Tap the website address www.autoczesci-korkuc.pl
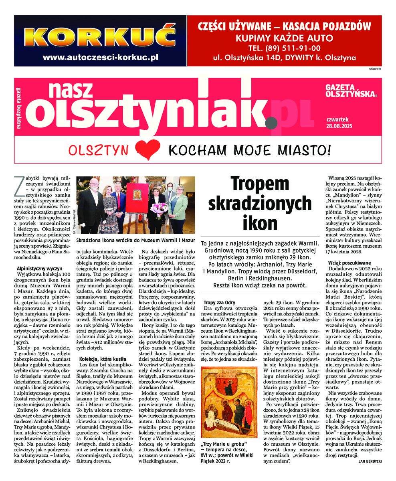pyautogui.click(x=100, y=57)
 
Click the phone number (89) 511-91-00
pyautogui.click(x=284, y=48)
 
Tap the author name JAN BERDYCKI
pyautogui.click(x=368, y=461)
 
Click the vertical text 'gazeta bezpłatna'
pyautogui.click(x=18, y=108)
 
